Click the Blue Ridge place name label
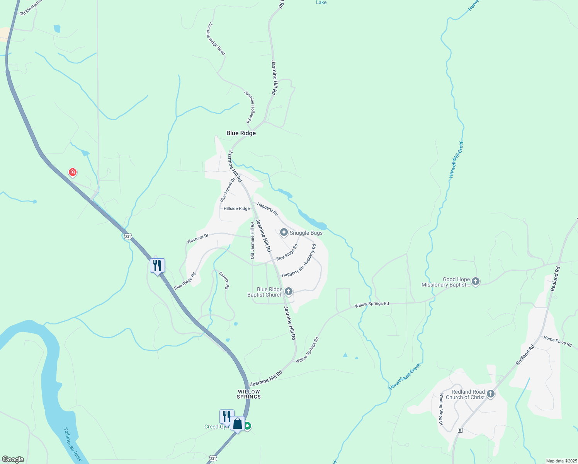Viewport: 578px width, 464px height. (x=241, y=133)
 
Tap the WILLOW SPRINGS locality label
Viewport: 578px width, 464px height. (x=249, y=394)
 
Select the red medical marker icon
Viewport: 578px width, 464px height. (x=72, y=172)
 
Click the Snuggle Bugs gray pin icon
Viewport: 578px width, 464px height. (x=284, y=232)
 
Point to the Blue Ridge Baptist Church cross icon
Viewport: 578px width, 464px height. (x=288, y=291)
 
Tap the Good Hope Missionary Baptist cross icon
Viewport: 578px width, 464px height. (x=476, y=281)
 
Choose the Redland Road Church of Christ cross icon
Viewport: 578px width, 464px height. (x=490, y=394)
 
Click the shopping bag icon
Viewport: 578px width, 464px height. (x=238, y=424)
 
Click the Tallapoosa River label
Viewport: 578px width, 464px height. (x=72, y=444)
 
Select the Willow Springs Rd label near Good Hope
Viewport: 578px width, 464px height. (x=372, y=304)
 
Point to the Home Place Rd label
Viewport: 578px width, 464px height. (x=557, y=341)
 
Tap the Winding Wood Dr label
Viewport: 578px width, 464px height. (x=441, y=409)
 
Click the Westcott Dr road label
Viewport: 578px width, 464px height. (x=197, y=239)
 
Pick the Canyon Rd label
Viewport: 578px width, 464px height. (x=224, y=281)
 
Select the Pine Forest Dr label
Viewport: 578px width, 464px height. (x=228, y=190)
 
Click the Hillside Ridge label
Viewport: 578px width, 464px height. (x=237, y=208)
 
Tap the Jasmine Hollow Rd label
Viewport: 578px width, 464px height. (x=250, y=107)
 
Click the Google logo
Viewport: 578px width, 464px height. (x=13, y=459)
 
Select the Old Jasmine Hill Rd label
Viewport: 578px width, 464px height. (x=252, y=240)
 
